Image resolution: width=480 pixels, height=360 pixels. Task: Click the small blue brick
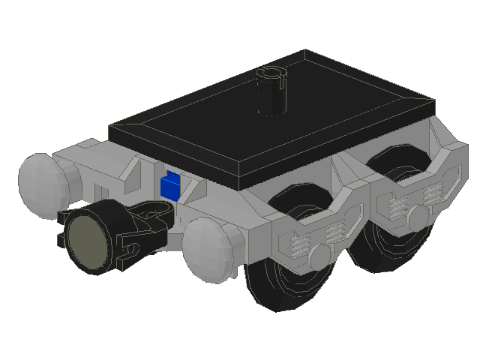click(170, 186)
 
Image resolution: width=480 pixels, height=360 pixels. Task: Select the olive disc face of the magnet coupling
click(88, 241)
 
